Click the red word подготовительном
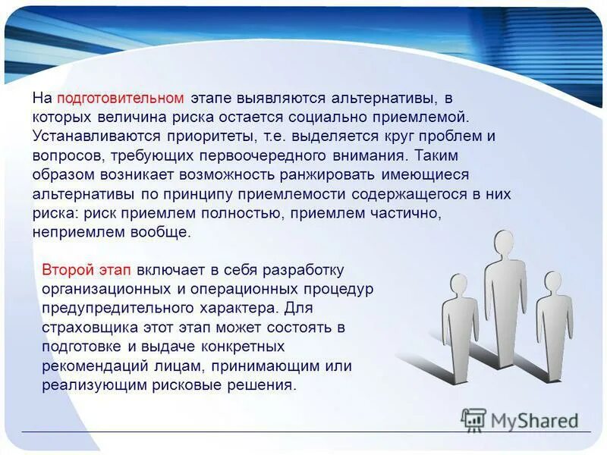[120, 99]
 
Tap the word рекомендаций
[95, 366]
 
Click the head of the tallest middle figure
[504, 243]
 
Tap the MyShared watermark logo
[521, 419]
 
